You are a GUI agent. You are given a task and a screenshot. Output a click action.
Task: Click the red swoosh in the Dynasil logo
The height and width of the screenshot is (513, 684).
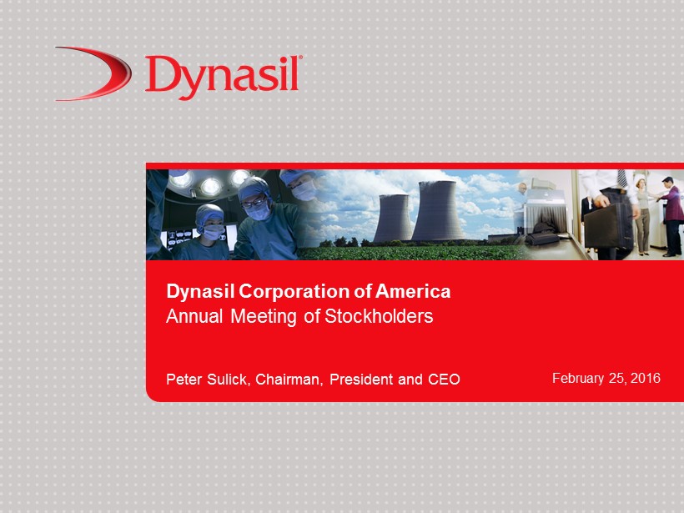click(x=114, y=73)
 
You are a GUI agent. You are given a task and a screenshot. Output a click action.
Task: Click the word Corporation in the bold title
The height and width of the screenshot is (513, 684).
click(x=294, y=291)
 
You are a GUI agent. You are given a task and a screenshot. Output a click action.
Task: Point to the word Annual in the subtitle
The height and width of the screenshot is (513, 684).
click(x=194, y=316)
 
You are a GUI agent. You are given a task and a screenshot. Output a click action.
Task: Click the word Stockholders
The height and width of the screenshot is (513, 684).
click(x=379, y=316)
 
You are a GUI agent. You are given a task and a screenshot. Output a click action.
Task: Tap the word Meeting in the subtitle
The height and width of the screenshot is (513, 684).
click(x=264, y=317)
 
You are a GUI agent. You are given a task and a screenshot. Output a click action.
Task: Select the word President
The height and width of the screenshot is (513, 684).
click(x=362, y=379)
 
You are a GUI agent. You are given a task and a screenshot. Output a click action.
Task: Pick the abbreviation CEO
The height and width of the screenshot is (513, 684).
click(x=444, y=379)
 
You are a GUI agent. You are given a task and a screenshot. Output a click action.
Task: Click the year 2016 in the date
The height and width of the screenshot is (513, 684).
click(x=645, y=378)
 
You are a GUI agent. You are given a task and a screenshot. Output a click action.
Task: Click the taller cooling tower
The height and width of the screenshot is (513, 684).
click(x=438, y=211)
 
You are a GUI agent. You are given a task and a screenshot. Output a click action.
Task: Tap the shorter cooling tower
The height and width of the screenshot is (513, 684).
click(x=393, y=218)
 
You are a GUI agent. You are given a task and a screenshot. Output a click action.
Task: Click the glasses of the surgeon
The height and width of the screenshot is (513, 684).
click(x=253, y=202)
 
